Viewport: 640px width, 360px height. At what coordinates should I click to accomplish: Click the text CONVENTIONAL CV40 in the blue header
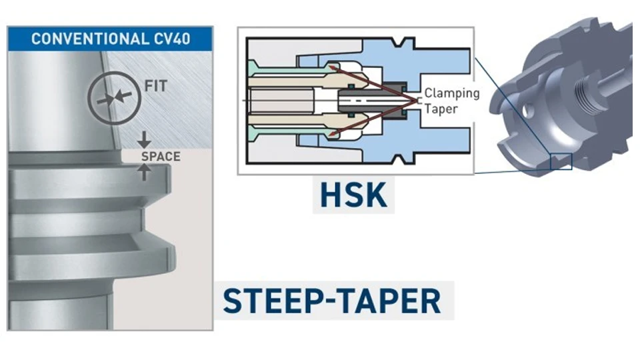click(x=110, y=38)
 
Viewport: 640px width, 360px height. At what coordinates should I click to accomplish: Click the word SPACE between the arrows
click(x=160, y=157)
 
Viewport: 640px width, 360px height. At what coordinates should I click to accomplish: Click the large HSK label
click(x=353, y=194)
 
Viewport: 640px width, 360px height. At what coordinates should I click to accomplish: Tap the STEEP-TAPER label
click(x=332, y=301)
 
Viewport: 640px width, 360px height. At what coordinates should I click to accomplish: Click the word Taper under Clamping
click(x=441, y=108)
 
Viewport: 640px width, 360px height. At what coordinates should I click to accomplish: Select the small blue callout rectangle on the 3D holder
click(x=561, y=161)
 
